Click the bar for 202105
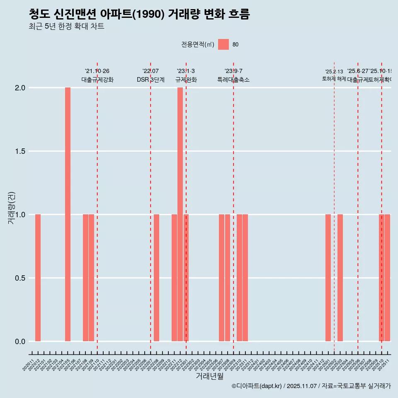68,214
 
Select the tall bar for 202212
180,214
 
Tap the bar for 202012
38,278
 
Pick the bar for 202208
156,278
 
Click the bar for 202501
328,278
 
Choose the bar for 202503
340,278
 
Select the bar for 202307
221,278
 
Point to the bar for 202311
245,278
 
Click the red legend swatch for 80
223,44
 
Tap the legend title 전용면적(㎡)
198,45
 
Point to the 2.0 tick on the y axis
21,88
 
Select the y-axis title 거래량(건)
12,208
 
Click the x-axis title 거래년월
209,376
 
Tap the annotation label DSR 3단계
150,80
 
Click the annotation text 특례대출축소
233,80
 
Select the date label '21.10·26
97,71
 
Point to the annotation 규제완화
186,80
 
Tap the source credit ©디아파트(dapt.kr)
257,386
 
